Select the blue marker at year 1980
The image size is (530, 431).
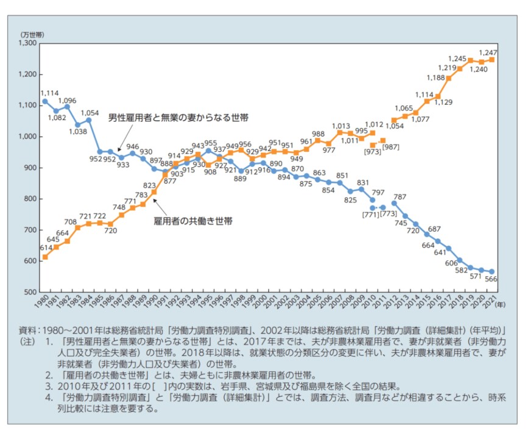(x=44, y=101)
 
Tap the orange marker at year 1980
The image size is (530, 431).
(x=44, y=257)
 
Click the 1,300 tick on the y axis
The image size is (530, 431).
(x=28, y=43)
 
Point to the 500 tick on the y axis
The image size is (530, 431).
(x=30, y=291)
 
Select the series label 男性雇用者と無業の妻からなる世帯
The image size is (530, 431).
(x=178, y=116)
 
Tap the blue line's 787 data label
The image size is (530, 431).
(x=400, y=196)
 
